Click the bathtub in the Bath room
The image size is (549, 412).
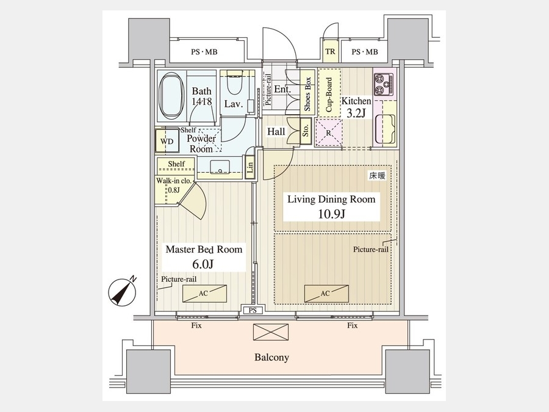coord(171,95)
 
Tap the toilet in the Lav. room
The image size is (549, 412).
coord(234,82)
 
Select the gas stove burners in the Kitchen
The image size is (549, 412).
coord(384,84)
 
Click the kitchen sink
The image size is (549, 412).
coord(385,129)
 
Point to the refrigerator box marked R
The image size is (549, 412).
coord(328,133)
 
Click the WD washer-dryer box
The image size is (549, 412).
coord(167,141)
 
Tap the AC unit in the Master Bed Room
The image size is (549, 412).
coord(204,294)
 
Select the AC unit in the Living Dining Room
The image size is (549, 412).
coord(326,294)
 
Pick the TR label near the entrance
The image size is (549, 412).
coord(330,51)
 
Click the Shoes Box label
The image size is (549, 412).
coord(308,94)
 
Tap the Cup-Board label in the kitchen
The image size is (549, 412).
coord(329,95)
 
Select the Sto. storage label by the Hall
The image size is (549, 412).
coord(306,132)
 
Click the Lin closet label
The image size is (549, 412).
coord(250,169)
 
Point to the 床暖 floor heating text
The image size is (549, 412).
coord(377,176)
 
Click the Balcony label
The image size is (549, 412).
coord(271,358)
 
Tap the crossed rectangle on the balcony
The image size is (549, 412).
coord(271,332)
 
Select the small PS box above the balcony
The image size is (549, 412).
coord(253,311)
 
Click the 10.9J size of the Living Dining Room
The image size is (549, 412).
coord(332,214)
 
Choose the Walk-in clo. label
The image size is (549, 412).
coord(174,181)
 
